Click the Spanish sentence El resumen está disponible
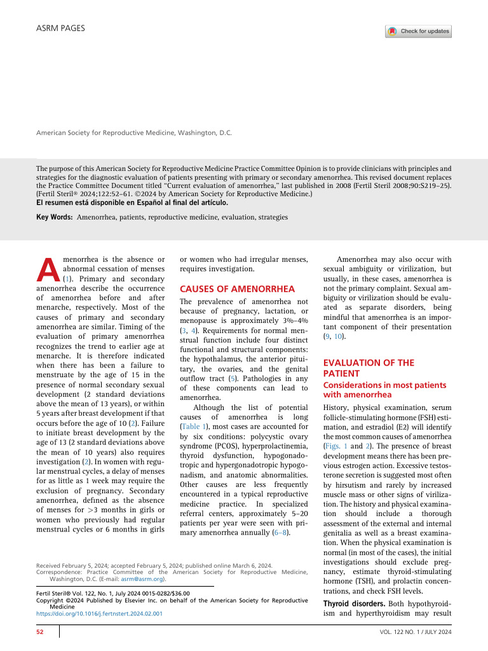(130, 203)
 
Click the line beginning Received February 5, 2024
(154, 565)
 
